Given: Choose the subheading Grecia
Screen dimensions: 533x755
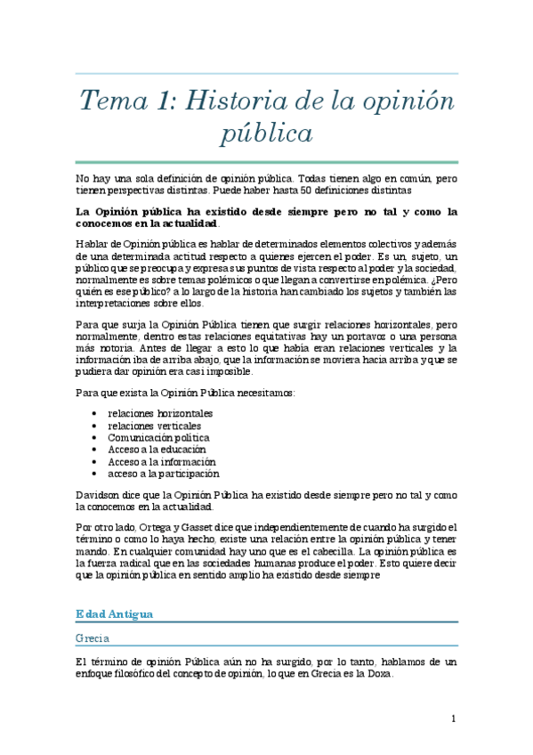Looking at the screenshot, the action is (93, 638).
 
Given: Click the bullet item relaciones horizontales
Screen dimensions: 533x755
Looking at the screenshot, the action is (160, 414).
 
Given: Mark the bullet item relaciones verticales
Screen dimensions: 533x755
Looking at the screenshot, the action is (153, 426).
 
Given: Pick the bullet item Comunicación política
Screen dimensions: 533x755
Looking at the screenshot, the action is (158, 438).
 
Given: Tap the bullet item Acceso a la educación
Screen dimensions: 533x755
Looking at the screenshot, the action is (157, 450).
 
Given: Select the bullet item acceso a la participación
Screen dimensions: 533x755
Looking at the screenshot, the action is (163, 474).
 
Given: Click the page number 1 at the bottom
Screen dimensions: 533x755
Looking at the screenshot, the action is (453, 718).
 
